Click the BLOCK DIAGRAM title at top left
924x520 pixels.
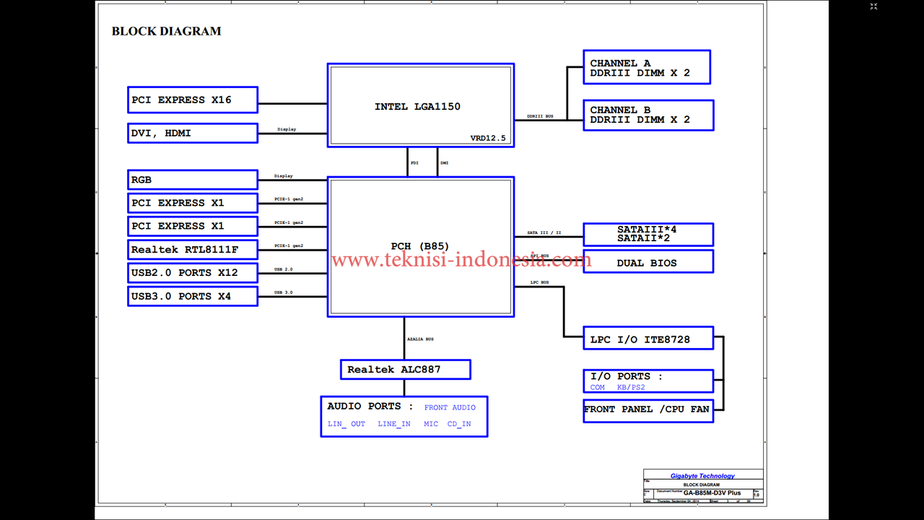(166, 31)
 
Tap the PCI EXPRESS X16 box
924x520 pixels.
(192, 100)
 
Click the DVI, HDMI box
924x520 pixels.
(192, 133)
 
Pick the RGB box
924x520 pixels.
(192, 180)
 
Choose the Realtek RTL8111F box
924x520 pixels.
(192, 250)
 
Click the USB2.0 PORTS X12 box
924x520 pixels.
(192, 273)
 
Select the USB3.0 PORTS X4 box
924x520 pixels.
(192, 296)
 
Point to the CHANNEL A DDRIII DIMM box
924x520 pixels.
(646, 67)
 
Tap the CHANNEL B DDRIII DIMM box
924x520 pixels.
(648, 115)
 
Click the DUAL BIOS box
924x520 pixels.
(648, 262)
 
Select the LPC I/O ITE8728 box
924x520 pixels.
(648, 339)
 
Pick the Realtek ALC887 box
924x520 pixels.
(405, 370)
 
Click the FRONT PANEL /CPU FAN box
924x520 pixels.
(648, 409)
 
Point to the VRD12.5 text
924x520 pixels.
(488, 138)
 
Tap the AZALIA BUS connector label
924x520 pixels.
(420, 339)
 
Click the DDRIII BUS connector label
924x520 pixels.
(540, 116)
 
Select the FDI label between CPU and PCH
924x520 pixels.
(414, 163)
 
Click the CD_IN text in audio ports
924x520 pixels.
(459, 424)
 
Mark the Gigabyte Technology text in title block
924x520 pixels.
(702, 476)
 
